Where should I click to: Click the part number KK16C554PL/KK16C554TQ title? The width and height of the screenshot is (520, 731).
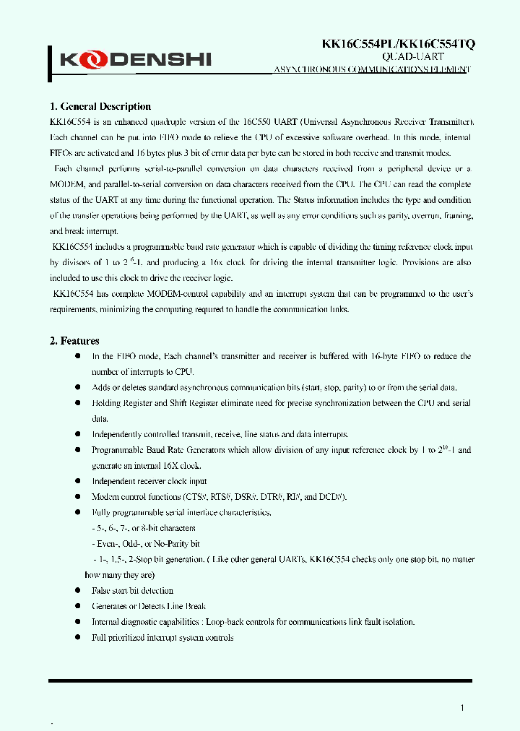click(x=397, y=44)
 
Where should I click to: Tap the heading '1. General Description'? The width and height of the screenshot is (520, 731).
click(x=100, y=107)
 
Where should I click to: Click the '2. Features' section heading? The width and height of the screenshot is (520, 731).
click(x=74, y=341)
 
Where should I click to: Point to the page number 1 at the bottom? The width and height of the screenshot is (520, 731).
click(x=462, y=708)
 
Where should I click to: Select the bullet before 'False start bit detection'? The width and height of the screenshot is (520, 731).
click(x=78, y=591)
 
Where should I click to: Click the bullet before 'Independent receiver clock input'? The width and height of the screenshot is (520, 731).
click(x=78, y=481)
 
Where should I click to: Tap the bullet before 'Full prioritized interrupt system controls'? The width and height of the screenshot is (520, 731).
click(x=78, y=638)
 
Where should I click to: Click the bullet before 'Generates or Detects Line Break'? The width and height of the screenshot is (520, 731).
click(x=78, y=607)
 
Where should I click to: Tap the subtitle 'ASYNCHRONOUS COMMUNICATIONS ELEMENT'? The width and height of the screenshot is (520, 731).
click(x=371, y=69)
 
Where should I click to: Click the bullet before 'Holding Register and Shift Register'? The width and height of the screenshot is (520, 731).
click(x=78, y=403)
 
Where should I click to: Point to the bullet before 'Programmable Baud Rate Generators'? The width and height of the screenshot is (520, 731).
click(x=78, y=450)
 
